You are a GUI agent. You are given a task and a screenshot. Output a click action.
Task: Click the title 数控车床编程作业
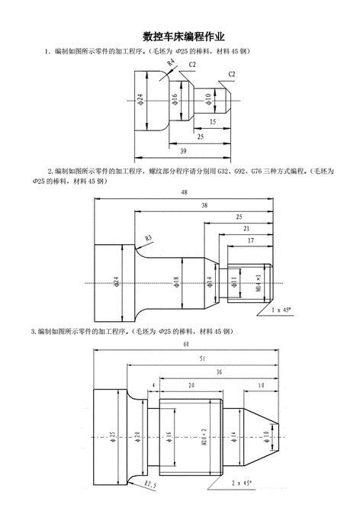(x=184, y=37)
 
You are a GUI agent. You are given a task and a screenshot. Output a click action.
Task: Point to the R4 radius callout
(x=171, y=62)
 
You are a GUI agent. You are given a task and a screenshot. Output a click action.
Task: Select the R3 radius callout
(x=149, y=238)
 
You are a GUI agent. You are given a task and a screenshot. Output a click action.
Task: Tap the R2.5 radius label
(x=151, y=484)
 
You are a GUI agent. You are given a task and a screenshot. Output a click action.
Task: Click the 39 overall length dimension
(x=183, y=151)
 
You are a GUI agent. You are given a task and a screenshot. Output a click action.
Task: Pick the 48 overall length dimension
(x=184, y=192)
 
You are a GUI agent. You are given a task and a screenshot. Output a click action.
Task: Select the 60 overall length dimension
(x=186, y=343)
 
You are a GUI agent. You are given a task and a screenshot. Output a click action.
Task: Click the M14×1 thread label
(x=259, y=283)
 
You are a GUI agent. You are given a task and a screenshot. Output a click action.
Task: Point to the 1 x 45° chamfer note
(x=281, y=310)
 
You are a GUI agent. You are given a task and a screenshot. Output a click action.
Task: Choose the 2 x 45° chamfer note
(x=242, y=483)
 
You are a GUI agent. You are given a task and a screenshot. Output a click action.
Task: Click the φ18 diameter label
(x=176, y=283)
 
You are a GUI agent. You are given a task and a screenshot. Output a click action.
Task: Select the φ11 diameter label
(x=233, y=281)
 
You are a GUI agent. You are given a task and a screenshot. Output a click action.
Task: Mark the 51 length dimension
(x=202, y=358)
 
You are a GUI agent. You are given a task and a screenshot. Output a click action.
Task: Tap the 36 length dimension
(x=219, y=372)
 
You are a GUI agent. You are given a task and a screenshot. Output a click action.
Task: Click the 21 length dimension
(x=246, y=229)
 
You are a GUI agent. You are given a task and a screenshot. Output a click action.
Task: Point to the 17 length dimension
(x=251, y=240)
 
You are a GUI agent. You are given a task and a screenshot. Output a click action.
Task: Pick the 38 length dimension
(x=204, y=205)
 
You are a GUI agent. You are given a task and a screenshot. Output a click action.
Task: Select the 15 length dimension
(x=213, y=121)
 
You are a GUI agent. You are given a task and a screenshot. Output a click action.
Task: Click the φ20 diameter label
(x=137, y=437)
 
